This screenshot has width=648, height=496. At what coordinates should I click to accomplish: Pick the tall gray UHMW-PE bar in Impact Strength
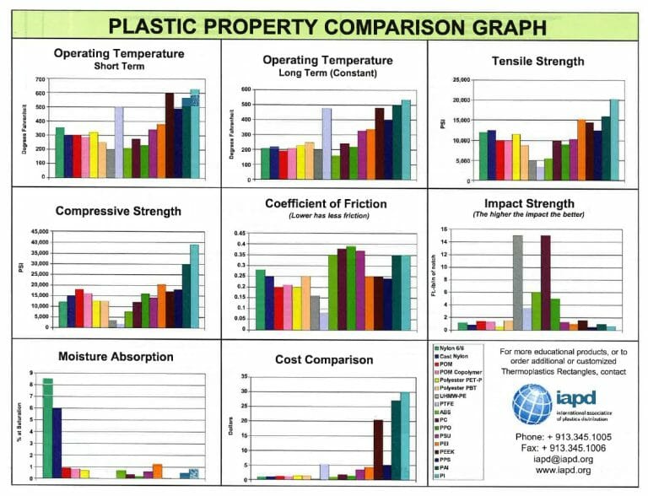517,283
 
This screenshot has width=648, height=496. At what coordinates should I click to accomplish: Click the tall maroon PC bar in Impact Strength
545,283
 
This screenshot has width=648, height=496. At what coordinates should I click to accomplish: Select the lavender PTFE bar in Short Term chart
120,132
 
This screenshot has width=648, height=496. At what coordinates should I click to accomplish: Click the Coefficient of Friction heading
326,203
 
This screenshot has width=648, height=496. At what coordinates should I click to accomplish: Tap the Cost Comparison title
326,360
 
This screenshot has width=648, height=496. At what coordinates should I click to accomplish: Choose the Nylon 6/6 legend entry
456,347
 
